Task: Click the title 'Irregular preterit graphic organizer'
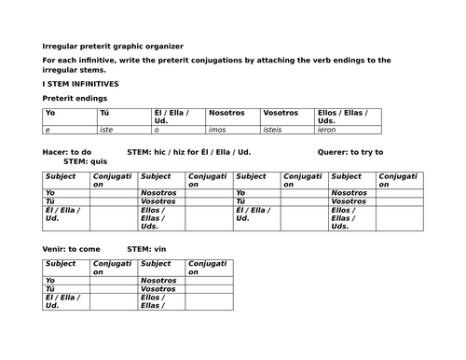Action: coord(113,46)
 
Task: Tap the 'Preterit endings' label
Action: coord(75,97)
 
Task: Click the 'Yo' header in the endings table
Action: coord(51,113)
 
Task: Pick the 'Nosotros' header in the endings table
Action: coord(227,113)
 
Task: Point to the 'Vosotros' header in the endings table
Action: coord(281,113)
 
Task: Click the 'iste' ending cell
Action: coord(106,130)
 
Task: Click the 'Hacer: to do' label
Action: coord(67,151)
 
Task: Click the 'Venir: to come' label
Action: coord(71,248)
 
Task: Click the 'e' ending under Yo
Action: coord(48,130)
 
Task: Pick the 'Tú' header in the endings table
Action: coord(104,113)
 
